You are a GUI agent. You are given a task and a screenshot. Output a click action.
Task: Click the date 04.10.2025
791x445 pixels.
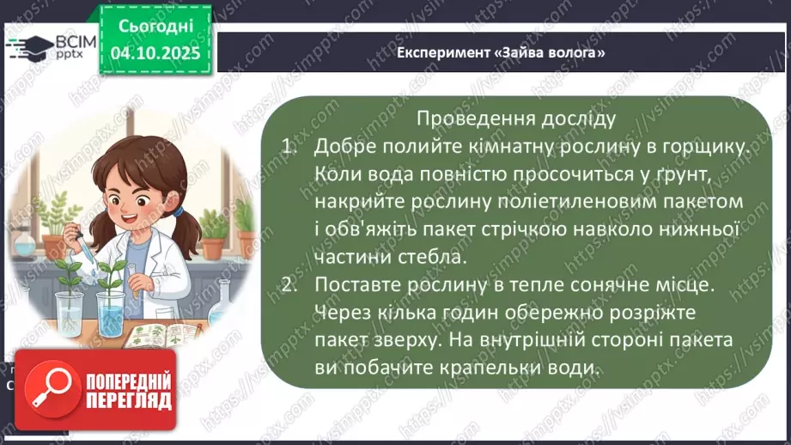pos(155,52)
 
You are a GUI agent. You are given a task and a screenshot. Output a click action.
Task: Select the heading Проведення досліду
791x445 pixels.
pos(515,119)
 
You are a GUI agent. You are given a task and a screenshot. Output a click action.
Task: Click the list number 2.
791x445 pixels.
pos(289,284)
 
